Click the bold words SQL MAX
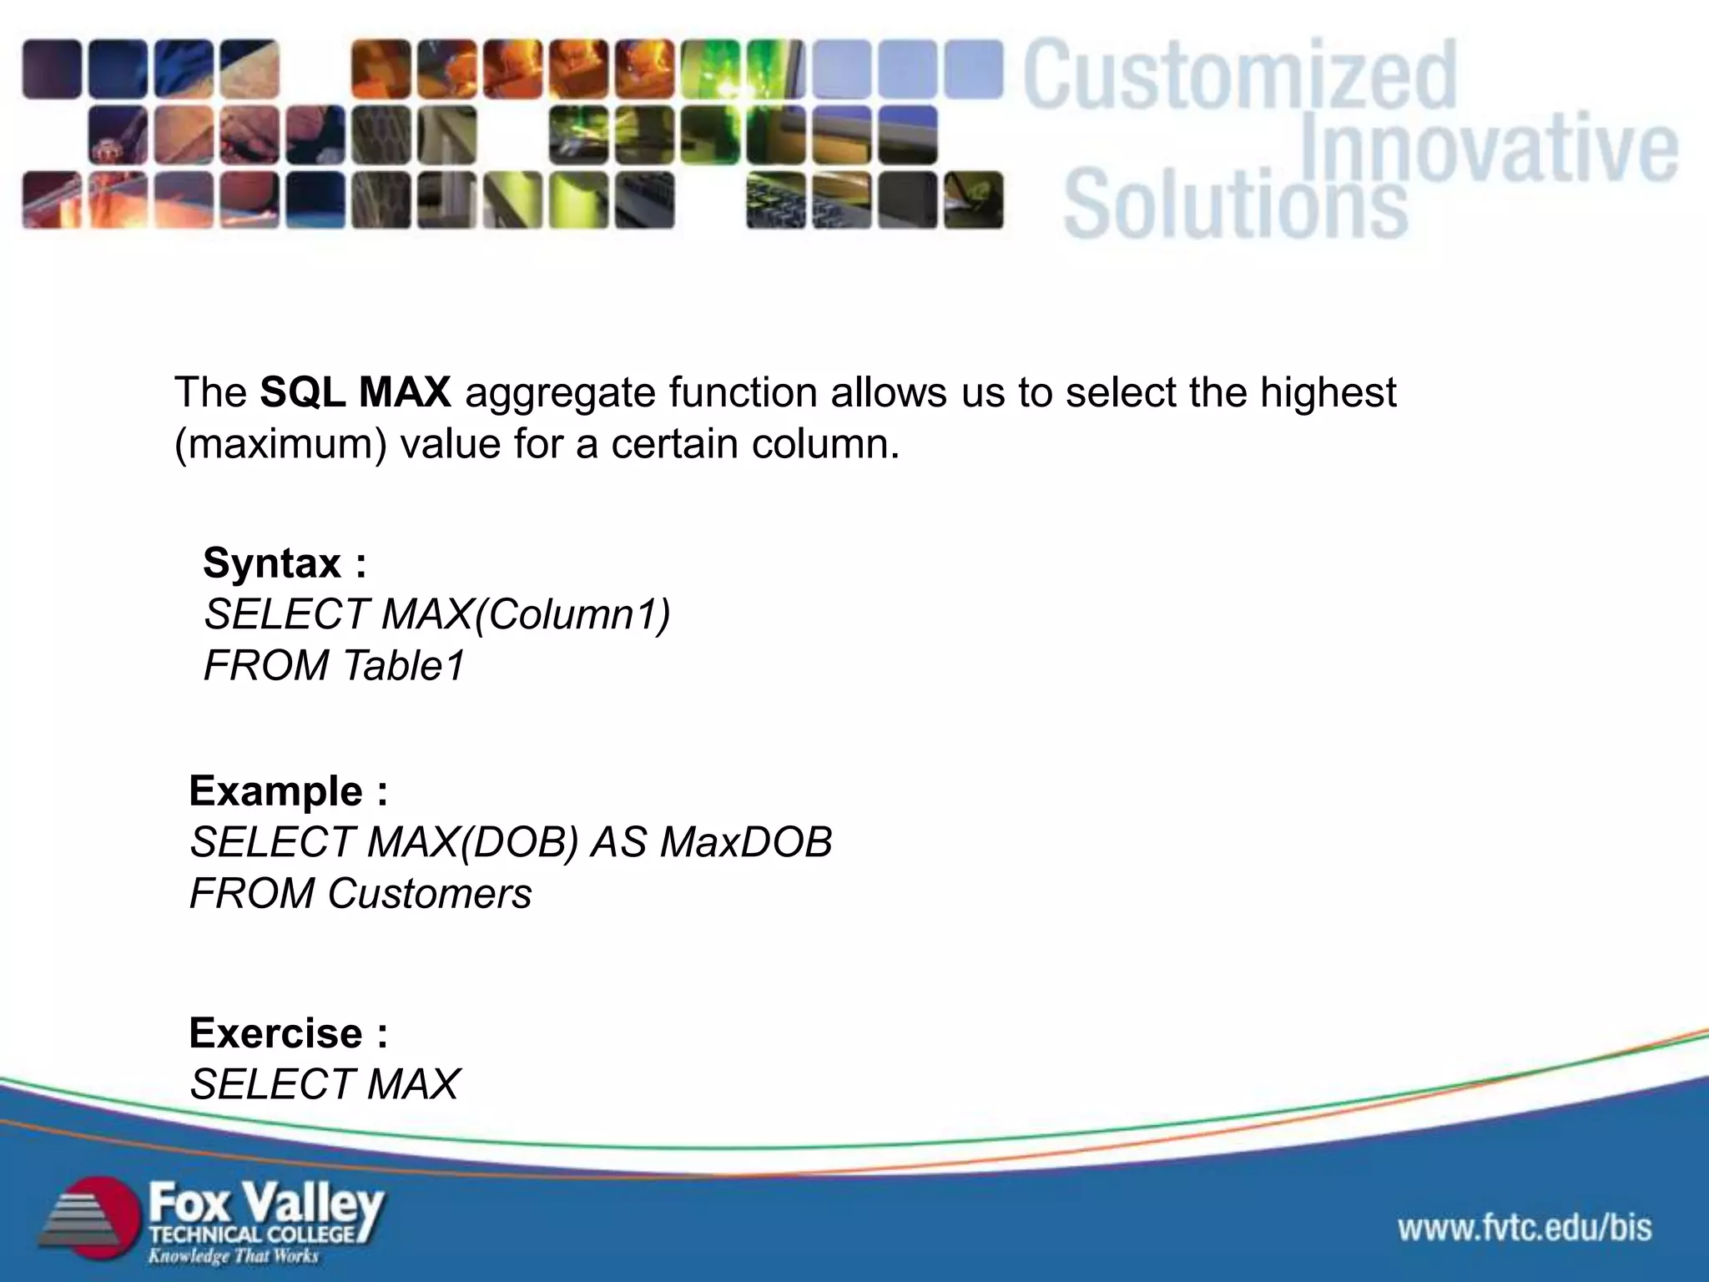tap(355, 392)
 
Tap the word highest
tap(1328, 392)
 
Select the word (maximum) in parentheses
tap(280, 444)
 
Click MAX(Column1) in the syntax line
tap(526, 615)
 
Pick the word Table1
tap(403, 666)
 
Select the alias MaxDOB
tap(745, 842)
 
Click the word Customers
tap(429, 894)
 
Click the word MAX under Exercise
tap(412, 1085)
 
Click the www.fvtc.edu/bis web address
tap(1525, 1228)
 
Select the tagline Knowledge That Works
tap(234, 1255)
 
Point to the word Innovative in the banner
tap(1489, 149)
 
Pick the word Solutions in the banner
tap(1235, 203)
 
